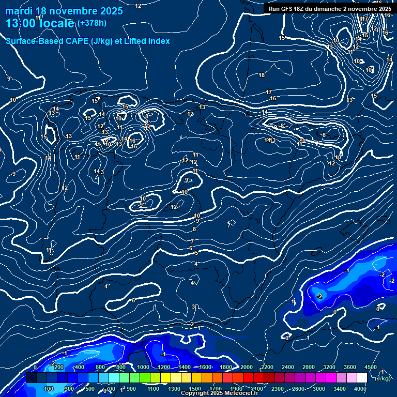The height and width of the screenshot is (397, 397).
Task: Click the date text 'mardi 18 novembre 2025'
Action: (64, 11)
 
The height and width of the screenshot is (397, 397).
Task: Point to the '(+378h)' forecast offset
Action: (92, 23)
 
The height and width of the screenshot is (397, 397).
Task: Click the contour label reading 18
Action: (262, 75)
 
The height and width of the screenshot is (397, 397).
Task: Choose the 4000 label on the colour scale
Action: (360, 389)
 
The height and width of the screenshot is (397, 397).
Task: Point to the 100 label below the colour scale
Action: (49, 389)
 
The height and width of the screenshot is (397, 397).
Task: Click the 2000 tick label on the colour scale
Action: (247, 367)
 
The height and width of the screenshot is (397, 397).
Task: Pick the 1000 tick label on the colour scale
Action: (143, 367)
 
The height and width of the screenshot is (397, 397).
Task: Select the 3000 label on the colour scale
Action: (319, 389)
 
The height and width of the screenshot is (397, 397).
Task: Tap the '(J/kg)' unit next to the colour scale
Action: (383, 378)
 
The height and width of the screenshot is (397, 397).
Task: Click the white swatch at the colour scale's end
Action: (362, 378)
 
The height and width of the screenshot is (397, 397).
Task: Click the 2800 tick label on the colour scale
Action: (309, 367)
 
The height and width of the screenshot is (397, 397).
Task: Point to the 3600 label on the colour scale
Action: (350, 367)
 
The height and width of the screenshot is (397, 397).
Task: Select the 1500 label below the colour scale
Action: (195, 389)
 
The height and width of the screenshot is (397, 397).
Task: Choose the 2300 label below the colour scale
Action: (278, 389)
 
